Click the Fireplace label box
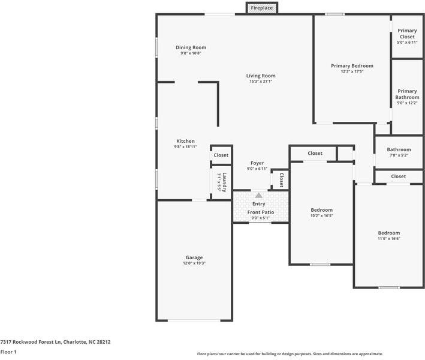point(261,8)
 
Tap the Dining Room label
point(191,47)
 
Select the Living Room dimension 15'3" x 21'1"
point(261,82)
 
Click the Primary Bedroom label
point(352,65)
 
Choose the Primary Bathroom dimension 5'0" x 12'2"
point(407,103)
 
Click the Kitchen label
point(185,141)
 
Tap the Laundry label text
point(224,182)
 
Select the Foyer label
point(257,163)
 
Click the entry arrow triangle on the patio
point(258,195)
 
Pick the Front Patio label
point(261,212)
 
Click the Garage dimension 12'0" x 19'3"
point(194,263)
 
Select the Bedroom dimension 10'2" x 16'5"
point(321,215)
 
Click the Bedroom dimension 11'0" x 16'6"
point(388,239)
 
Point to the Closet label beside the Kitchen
point(221,155)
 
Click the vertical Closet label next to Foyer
point(281,180)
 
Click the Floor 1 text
point(8,352)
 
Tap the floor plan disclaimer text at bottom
point(290,354)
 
